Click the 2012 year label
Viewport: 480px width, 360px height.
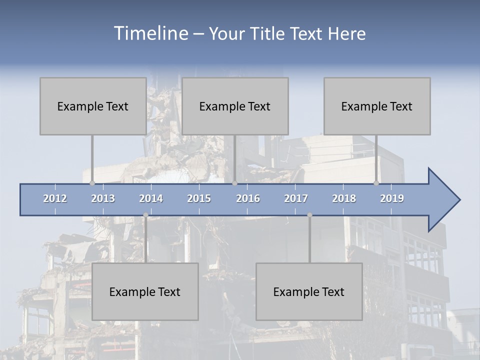(x=55, y=198)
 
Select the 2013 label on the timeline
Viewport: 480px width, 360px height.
(x=103, y=198)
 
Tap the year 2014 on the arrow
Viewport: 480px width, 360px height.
(x=151, y=198)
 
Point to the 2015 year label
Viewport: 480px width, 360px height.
(x=199, y=198)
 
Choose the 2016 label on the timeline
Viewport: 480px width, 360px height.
(x=248, y=198)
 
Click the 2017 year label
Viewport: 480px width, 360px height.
(x=296, y=198)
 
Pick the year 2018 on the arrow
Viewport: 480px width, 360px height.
(x=344, y=198)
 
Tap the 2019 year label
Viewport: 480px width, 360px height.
(x=392, y=198)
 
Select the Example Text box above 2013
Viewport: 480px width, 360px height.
(x=93, y=106)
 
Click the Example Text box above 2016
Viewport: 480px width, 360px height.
(x=235, y=106)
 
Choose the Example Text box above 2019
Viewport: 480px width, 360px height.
(x=377, y=106)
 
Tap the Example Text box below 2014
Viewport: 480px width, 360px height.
(x=145, y=291)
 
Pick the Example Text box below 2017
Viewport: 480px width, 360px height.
(x=309, y=291)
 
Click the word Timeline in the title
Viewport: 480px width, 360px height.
(x=150, y=33)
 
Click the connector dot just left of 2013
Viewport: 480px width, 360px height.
(x=92, y=183)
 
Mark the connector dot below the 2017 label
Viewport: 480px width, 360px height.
(x=309, y=215)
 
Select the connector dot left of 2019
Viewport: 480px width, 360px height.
(x=376, y=183)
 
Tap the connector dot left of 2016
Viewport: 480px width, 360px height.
(x=234, y=183)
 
